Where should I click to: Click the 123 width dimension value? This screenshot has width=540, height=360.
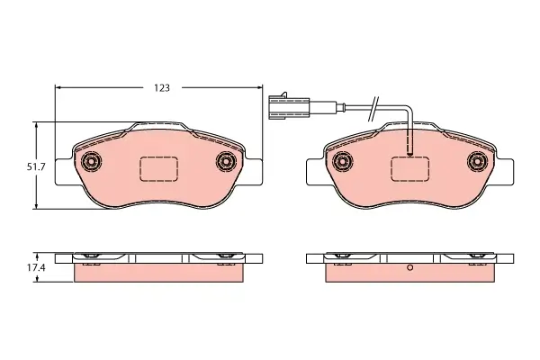tap(162, 88)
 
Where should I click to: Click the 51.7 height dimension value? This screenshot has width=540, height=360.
tap(36, 167)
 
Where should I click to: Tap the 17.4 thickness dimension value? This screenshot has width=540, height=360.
tap(36, 267)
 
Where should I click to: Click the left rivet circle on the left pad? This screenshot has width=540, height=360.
tap(91, 161)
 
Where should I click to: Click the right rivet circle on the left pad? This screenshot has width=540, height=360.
tap(226, 161)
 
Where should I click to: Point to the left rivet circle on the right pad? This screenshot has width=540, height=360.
tap(343, 161)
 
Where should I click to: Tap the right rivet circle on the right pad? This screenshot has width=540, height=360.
tap(477, 161)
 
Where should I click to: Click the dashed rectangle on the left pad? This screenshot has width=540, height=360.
tap(158, 168)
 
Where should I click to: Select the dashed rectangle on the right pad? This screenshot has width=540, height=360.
tap(409, 168)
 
